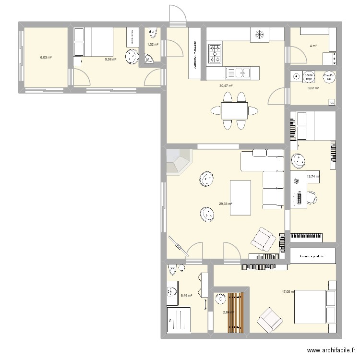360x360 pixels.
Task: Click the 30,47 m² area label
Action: click(226, 86)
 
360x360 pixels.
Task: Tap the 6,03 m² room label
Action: click(46, 57)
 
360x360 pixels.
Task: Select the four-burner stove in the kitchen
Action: click(215, 53)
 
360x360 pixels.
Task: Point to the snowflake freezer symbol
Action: click(259, 35)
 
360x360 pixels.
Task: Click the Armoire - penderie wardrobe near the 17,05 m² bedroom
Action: click(312, 256)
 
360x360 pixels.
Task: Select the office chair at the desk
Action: click(312, 197)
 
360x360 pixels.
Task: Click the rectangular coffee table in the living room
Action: click(241, 198)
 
